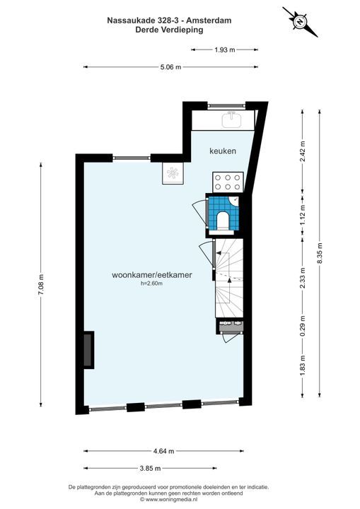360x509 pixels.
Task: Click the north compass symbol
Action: pos(300,22)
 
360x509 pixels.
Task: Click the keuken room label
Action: pos(223,151)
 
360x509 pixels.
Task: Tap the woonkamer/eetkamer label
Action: pos(152,275)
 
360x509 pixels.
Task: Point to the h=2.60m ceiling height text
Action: pos(151,283)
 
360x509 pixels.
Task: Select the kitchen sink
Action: pos(232,119)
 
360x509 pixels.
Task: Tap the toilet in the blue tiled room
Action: pos(223,221)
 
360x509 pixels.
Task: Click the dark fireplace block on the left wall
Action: pos(88,350)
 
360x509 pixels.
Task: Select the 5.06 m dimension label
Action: pos(170,67)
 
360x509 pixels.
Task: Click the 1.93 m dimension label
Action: pos(224,50)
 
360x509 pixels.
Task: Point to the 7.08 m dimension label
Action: pos(40,285)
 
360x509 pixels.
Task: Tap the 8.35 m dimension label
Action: pos(320,253)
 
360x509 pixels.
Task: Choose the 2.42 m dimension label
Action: pos(303,151)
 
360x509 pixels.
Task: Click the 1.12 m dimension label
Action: pos(303,215)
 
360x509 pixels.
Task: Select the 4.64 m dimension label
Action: pos(164,451)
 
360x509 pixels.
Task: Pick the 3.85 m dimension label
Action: pos(150,469)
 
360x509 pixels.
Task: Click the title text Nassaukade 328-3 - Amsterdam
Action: pos(169,21)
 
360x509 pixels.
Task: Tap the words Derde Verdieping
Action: pos(169,30)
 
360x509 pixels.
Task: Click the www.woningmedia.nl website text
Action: pos(168,500)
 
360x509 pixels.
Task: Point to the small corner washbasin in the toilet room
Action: pos(234,200)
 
